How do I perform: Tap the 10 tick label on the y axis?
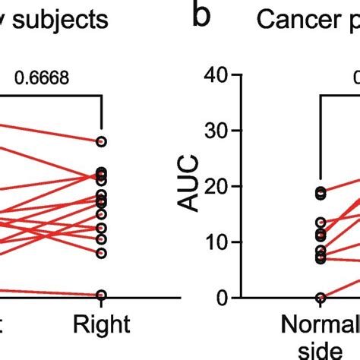[218, 242]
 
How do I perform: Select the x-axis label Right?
[102, 324]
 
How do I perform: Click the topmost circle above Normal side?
[322, 193]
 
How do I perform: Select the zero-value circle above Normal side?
[322, 298]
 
